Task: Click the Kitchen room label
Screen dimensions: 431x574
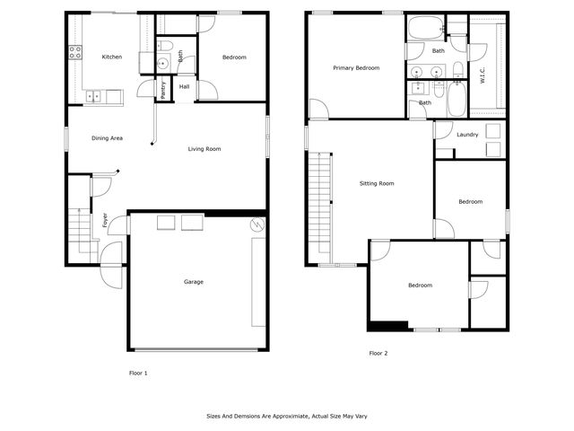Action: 111,57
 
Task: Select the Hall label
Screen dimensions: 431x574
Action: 184,87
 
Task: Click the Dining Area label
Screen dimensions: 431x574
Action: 108,138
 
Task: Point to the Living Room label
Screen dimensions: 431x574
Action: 204,149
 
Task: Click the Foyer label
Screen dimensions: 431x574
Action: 106,218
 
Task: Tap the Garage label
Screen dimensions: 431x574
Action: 194,282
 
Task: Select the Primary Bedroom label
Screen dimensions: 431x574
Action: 355,68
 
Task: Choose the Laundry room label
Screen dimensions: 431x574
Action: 466,135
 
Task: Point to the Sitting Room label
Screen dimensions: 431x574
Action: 377,183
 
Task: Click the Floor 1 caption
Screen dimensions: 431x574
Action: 138,371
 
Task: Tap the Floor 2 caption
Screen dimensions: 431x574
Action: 378,354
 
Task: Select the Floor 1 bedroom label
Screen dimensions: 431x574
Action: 233,57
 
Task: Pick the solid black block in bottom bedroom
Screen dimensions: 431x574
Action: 385,325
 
